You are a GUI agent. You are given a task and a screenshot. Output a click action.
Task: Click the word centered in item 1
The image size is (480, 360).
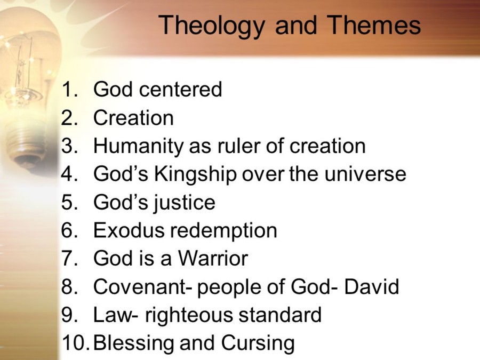[181, 90]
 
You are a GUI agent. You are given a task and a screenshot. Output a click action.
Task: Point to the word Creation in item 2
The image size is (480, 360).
[133, 118]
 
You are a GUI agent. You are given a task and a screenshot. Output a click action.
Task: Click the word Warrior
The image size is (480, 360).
[213, 259]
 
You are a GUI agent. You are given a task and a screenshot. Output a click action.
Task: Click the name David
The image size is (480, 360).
[372, 287]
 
